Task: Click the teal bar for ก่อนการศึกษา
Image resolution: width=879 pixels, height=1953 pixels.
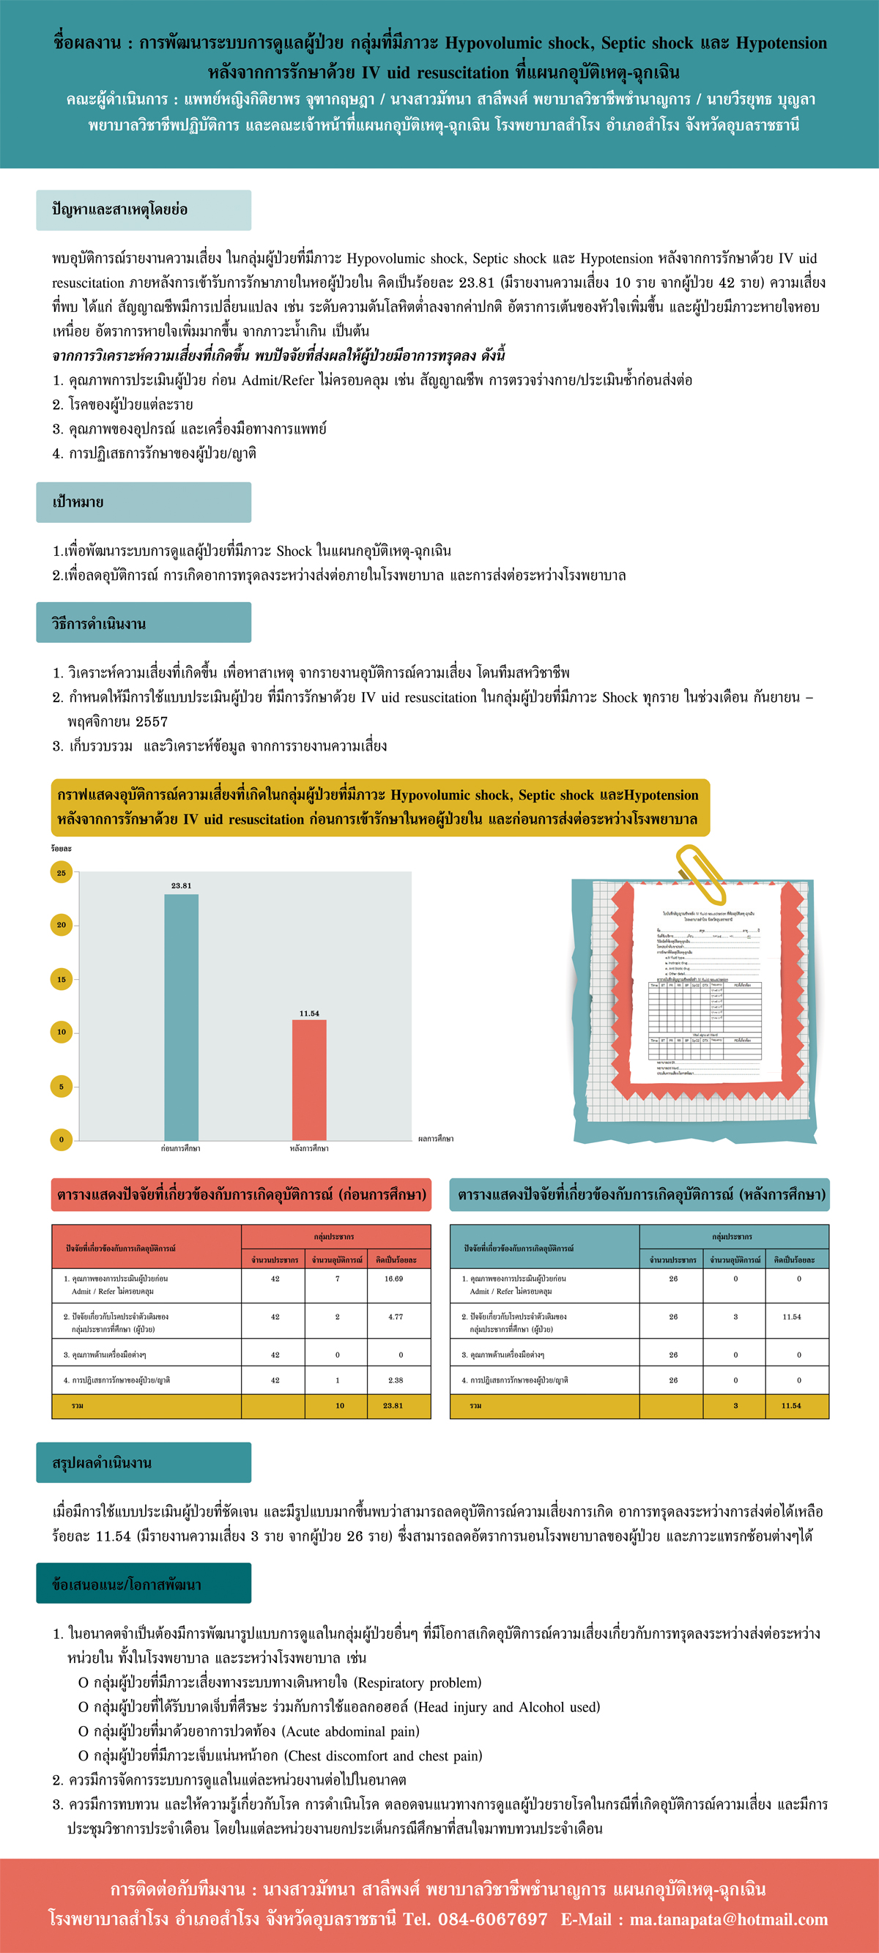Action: [x=181, y=1016]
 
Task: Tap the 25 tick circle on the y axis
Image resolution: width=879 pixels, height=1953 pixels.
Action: [x=62, y=873]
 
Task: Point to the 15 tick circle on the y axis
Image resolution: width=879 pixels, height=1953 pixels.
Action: [x=62, y=979]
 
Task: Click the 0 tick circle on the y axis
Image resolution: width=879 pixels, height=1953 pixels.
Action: [x=62, y=1139]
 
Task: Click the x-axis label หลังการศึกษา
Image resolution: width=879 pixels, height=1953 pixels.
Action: [x=309, y=1149]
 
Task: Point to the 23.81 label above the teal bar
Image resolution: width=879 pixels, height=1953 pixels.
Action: [x=181, y=885]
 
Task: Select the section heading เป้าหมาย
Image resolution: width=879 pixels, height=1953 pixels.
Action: [x=78, y=502]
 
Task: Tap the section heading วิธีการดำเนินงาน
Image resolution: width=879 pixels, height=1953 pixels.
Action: [x=99, y=624]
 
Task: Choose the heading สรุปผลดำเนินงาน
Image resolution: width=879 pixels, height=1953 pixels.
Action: [x=102, y=1462]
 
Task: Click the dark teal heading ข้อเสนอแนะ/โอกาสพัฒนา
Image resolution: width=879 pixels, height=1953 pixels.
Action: [x=127, y=1585]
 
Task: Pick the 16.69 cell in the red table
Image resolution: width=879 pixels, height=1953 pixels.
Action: [x=393, y=1279]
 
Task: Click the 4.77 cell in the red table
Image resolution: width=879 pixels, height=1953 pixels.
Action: [x=395, y=1317]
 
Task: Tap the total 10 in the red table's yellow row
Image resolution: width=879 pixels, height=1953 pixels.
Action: [x=340, y=1405]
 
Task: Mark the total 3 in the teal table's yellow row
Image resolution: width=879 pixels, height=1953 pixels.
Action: [x=735, y=1405]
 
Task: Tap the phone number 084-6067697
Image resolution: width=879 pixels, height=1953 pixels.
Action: [x=492, y=1919]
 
